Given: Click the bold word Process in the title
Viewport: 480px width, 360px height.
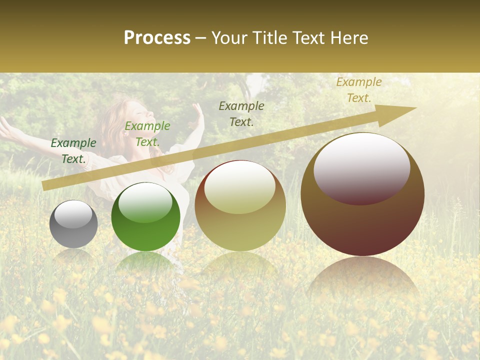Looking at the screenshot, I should coord(157,37).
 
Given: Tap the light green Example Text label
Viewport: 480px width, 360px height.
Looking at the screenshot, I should coord(147,134).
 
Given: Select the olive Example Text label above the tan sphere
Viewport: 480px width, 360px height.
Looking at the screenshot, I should coord(241,113).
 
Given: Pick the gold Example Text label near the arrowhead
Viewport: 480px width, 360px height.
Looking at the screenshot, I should coord(359,90).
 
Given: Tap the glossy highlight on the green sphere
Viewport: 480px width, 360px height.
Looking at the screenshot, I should coord(145,202).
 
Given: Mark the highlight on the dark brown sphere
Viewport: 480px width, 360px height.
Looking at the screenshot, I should coord(362,168).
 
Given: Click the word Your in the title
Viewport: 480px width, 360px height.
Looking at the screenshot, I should coord(229,37).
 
